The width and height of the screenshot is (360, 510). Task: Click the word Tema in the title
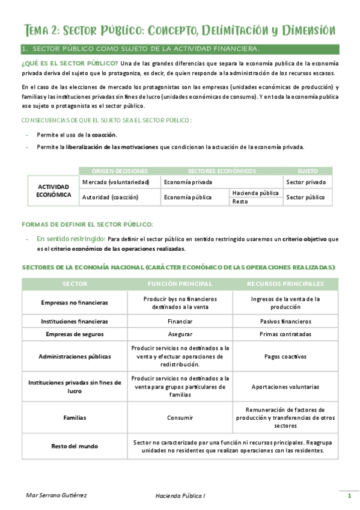click(40, 30)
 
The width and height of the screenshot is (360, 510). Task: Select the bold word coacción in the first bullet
click(104, 135)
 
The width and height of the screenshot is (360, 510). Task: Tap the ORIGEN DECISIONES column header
click(120, 171)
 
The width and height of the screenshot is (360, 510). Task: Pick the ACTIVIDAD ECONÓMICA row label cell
click(53, 191)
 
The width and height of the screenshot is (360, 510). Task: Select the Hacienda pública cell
click(255, 193)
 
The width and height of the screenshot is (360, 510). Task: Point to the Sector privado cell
click(306, 182)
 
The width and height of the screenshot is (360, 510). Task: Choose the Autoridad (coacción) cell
click(110, 197)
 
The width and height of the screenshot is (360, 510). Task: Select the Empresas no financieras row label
click(75, 303)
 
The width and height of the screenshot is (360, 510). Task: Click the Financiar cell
click(180, 321)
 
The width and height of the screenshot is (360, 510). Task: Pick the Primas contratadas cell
click(285, 334)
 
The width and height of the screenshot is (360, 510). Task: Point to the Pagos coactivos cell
click(285, 356)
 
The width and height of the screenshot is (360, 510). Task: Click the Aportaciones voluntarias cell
click(285, 387)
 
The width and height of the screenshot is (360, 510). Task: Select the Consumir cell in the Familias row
click(180, 417)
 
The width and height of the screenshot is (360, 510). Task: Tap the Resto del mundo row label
click(75, 446)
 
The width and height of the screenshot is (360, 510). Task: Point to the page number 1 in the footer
click(349, 496)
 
